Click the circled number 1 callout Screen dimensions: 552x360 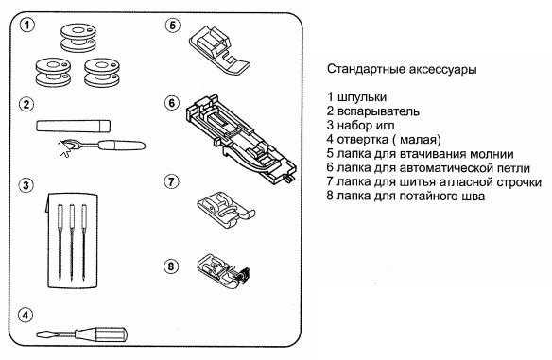coord(27,26)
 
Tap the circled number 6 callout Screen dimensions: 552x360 coord(171,103)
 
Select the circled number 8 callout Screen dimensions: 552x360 coord(171,266)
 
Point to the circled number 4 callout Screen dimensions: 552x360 coord(26,315)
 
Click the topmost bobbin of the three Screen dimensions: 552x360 coord(78,38)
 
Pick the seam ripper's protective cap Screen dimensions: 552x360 coord(73,126)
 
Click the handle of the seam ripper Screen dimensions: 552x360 coord(122,145)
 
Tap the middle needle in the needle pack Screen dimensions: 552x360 coord(72,242)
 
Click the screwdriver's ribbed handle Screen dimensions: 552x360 coord(101,334)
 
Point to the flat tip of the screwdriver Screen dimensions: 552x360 coord(38,334)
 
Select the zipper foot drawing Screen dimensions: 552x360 coord(219,50)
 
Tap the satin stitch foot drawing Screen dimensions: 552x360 coord(226,210)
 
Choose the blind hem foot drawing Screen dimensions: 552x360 coord(223,272)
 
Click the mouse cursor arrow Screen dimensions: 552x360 coord(63,148)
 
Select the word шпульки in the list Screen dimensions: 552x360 coord(362,97)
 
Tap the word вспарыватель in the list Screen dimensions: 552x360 coord(378,111)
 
